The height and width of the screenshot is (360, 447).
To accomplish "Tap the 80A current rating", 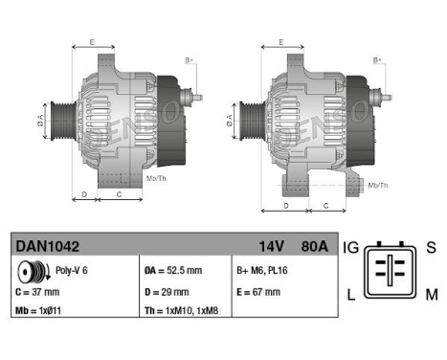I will coord(312,246).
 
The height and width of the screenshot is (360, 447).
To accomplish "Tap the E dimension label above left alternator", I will coord(92,42).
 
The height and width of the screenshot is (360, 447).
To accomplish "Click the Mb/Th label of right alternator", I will coord(377,184).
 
